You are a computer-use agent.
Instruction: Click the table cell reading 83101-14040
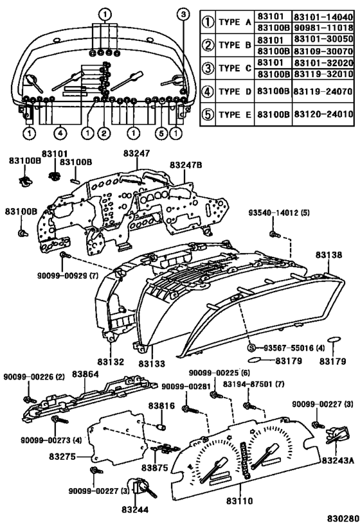point(323,17)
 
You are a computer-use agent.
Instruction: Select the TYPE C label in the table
point(235,68)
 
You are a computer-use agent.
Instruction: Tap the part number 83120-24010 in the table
point(323,114)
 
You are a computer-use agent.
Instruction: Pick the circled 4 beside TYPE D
point(208,91)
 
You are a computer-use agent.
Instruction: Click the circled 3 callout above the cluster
point(183,14)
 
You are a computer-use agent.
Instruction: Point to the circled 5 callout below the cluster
point(161,133)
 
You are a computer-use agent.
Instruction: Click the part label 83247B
point(186,165)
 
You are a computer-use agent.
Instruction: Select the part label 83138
point(328,255)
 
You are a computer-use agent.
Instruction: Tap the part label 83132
point(111,362)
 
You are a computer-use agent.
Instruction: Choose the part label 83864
point(85,374)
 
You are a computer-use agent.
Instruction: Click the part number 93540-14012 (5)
point(279,213)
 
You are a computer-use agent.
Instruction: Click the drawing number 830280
point(341,519)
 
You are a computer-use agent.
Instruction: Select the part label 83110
point(239,501)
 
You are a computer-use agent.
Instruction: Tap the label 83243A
point(338,460)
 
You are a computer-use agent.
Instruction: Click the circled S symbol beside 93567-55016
point(251,348)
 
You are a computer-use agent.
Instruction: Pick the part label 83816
point(162,406)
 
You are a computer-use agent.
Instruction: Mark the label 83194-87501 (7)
point(253,384)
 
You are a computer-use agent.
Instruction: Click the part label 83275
point(62,457)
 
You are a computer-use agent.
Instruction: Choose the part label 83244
point(135,509)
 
